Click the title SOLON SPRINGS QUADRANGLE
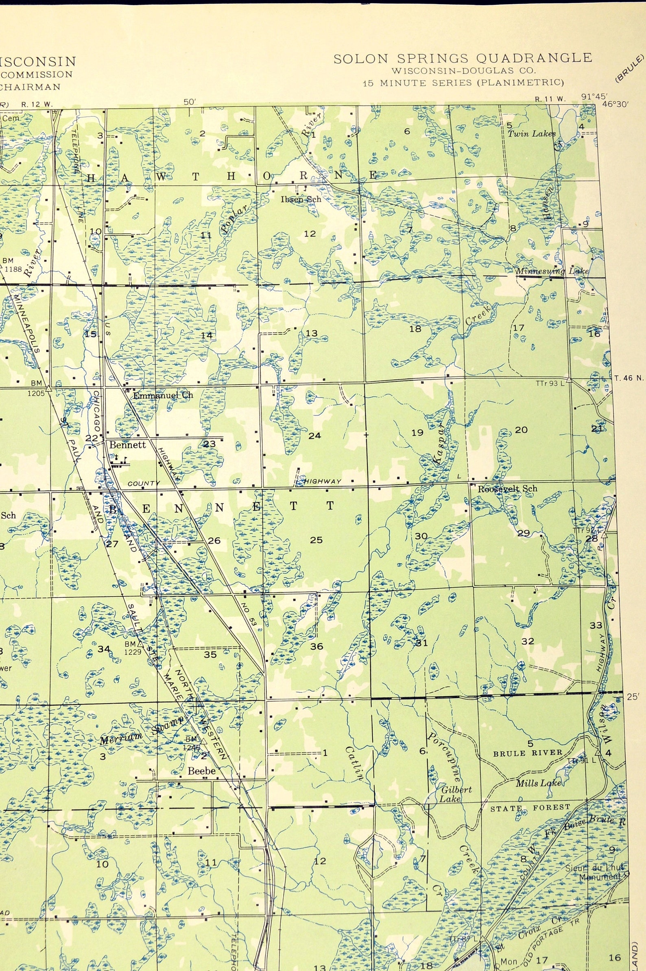[x=463, y=59]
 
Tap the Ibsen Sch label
[x=301, y=199]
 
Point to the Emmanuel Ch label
[x=163, y=395]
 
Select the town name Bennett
[x=127, y=445]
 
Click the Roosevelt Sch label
[x=507, y=489]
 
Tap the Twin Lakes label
[x=531, y=133]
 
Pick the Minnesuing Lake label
[x=552, y=271]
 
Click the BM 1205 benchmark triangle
[x=48, y=388]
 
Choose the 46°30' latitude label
[x=615, y=104]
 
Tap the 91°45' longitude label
[x=594, y=96]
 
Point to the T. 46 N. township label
[x=629, y=378]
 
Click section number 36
[x=316, y=646]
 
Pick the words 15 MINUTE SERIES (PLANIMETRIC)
[x=463, y=83]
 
